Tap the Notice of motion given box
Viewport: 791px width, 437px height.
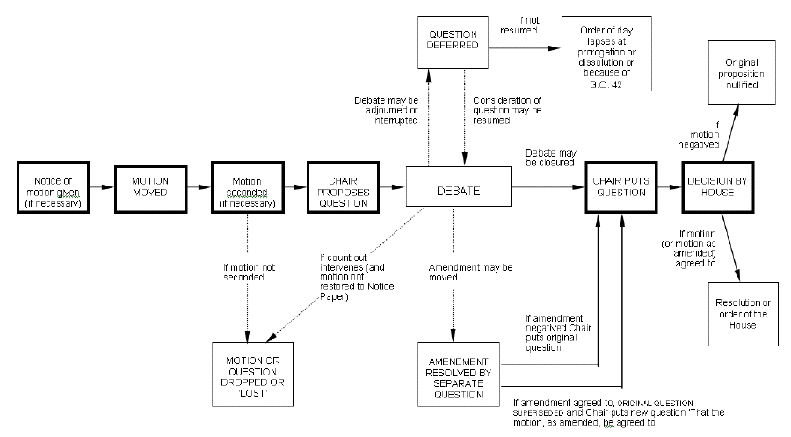point(54,187)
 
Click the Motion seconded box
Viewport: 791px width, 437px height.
point(246,187)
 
